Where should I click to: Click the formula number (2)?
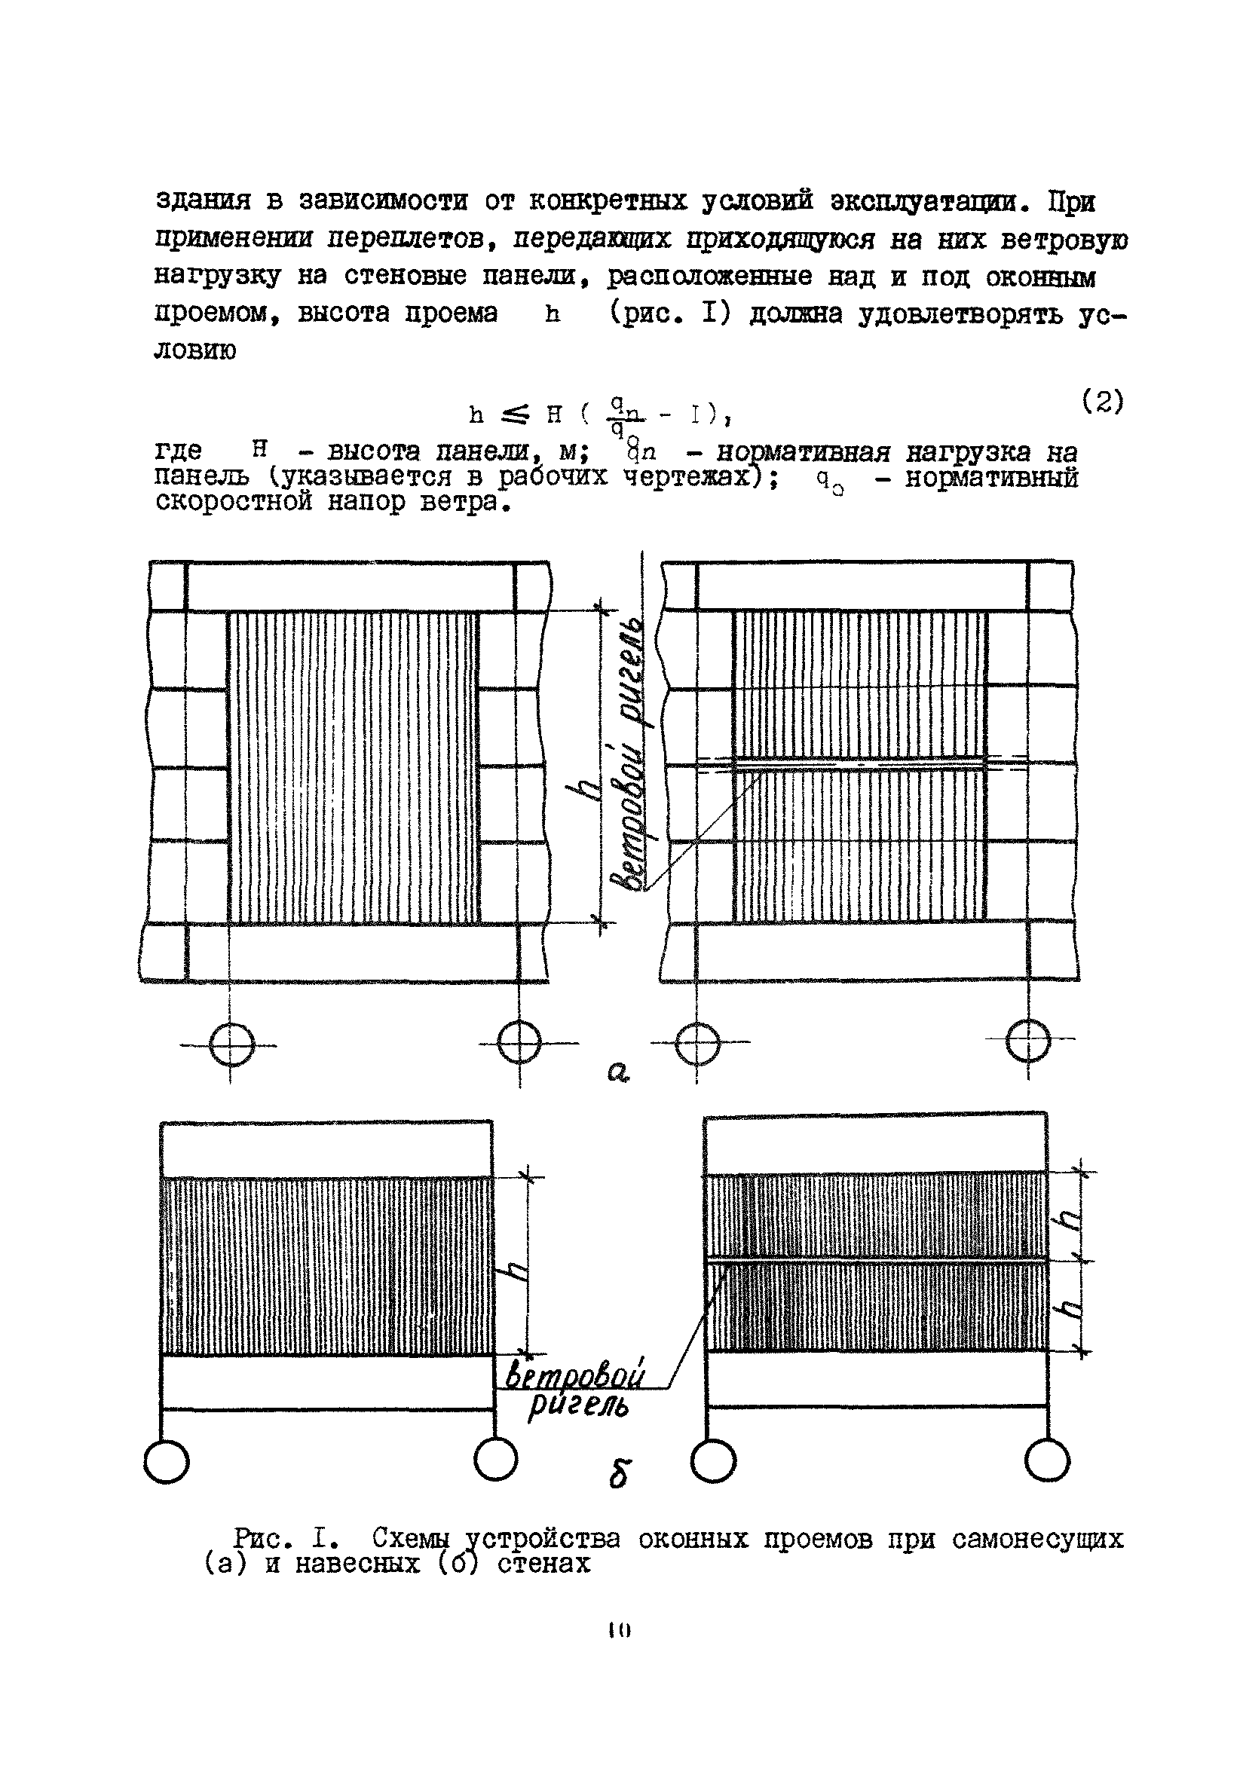tap(1102, 402)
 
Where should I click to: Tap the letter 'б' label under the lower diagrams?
tap(619, 1474)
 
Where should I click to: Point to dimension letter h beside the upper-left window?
tap(589, 790)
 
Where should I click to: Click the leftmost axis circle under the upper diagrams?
tap(232, 1044)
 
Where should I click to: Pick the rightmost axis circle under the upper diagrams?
tap(1027, 1041)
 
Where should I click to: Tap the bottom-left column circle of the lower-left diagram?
tap(167, 1461)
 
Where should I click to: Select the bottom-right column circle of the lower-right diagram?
tap(1047, 1460)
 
